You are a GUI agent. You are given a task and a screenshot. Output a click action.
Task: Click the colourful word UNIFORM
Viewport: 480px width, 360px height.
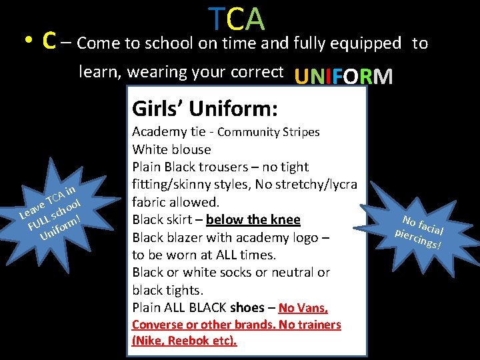(x=343, y=77)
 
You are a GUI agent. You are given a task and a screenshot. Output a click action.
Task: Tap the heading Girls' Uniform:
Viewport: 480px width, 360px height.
(x=205, y=107)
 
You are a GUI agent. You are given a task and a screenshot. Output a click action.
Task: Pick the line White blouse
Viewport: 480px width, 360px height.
(x=171, y=149)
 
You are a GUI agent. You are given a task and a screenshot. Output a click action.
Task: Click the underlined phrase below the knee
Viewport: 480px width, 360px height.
(x=253, y=220)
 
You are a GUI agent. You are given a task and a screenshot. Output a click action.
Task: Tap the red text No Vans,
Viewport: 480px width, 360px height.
(x=303, y=307)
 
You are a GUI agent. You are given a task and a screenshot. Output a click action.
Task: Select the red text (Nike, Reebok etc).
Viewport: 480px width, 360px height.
(x=185, y=341)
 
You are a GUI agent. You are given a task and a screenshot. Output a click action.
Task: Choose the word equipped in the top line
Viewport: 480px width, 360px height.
(x=369, y=44)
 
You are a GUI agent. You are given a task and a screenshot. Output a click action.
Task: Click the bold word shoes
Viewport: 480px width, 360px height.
(x=247, y=307)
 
